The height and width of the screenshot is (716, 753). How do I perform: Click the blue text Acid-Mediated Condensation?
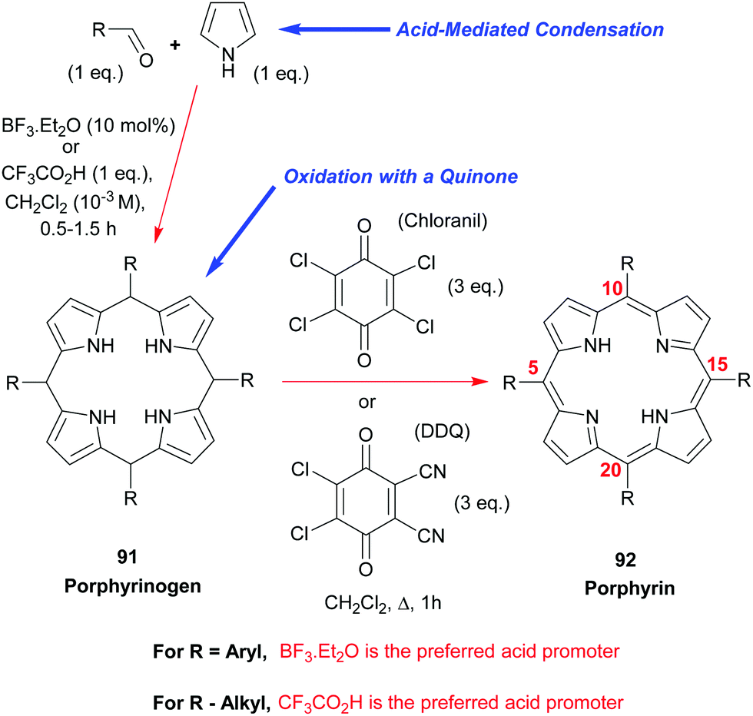click(x=529, y=30)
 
